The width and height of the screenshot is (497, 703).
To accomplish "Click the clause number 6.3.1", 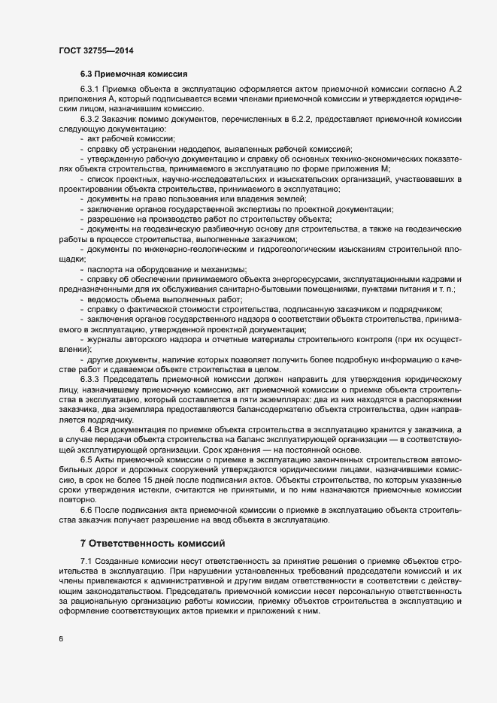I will coord(89,90).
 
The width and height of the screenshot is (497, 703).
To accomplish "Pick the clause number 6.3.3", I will coord(89,378).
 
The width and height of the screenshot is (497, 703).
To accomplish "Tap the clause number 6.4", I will coord(86,428).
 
